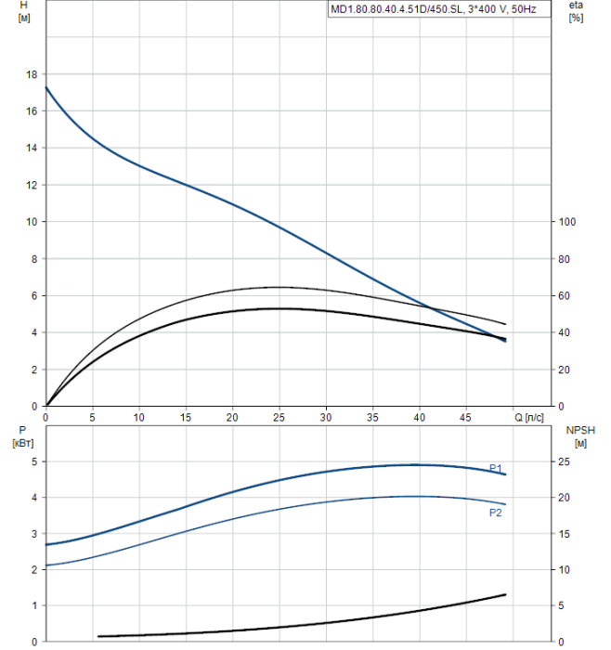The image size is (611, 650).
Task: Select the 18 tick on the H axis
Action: point(32,74)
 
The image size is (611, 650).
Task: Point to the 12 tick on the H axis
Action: point(32,185)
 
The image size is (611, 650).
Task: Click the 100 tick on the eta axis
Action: point(567,222)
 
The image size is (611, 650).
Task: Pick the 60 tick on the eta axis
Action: point(565,295)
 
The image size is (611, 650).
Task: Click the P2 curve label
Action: point(496,512)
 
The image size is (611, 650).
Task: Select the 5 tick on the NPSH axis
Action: point(562,605)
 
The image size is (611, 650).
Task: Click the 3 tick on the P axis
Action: point(35,534)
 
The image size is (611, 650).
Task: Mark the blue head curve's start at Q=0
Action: point(46,87)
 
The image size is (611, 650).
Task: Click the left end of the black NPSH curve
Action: point(98,636)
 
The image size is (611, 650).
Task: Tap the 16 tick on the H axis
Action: point(32,111)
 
